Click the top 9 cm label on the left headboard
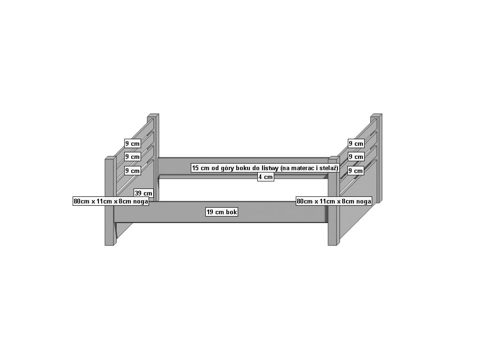132,143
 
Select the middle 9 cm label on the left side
132,157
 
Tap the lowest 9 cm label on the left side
132,171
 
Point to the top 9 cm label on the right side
356,143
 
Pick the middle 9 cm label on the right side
356,157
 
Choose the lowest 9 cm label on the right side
356,171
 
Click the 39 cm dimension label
143,193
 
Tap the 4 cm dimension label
265,177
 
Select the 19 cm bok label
222,212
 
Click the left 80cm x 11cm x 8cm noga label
111,202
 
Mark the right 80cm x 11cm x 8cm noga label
334,202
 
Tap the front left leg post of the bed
109,225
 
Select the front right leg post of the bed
332,225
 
